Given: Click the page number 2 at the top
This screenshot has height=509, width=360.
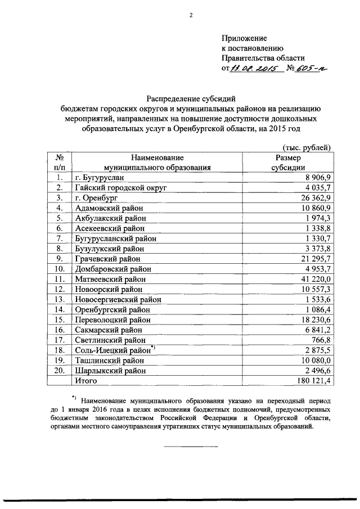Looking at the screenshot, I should coord(191,16).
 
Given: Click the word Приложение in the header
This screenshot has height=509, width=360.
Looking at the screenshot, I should coord(243,38).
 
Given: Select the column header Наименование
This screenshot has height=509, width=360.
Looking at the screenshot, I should coord(157,158).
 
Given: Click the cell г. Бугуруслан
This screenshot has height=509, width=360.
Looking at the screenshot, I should coord(101,177).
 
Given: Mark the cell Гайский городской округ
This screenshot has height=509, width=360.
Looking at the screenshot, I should coord(120,187).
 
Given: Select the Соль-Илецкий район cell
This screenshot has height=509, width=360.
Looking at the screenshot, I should coord(112,349).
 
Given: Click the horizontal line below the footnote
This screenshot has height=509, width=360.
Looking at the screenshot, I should coord(190,447).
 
